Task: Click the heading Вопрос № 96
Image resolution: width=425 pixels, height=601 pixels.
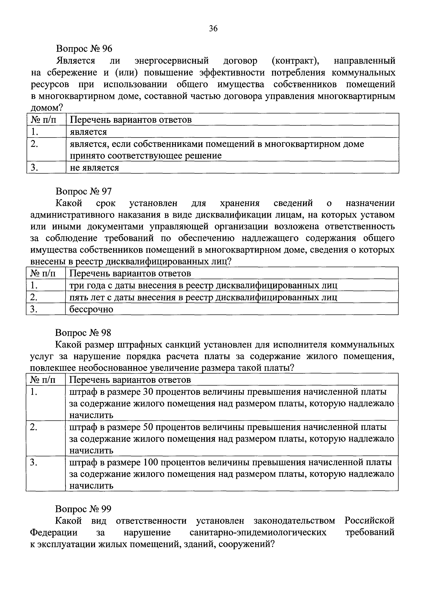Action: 84,48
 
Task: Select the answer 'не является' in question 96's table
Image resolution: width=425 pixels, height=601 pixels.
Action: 94,168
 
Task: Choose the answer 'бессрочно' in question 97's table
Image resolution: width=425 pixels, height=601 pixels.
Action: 91,309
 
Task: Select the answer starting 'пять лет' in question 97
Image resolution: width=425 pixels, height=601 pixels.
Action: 203,297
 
